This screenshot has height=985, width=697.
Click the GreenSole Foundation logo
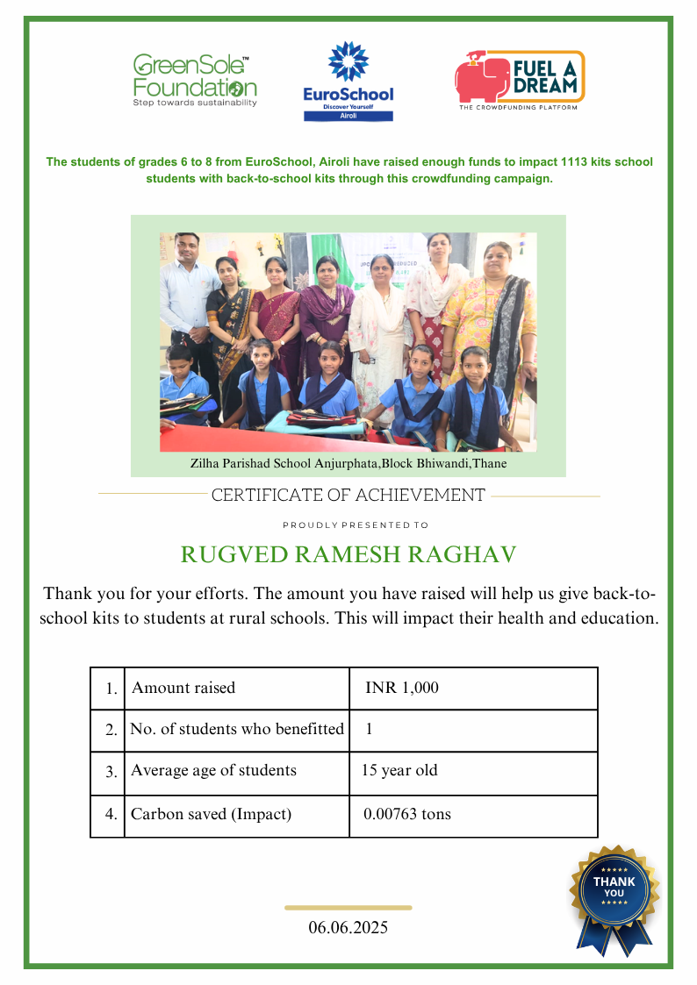coord(195,80)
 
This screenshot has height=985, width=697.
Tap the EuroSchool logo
coord(348,81)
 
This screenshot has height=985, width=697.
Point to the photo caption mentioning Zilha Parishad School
coord(348,463)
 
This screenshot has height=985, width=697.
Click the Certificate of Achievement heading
coord(348,496)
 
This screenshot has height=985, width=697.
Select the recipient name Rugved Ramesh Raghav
coord(348,555)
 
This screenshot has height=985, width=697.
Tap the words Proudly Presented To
coord(356,525)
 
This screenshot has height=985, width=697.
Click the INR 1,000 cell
coord(401,689)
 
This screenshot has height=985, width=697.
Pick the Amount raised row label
coord(183,689)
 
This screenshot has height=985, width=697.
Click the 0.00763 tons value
coord(406,814)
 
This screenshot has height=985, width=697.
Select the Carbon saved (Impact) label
coord(211,814)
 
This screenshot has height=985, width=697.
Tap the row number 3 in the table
coord(111,773)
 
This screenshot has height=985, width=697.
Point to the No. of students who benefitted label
coord(237,729)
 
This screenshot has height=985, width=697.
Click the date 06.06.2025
coord(348,927)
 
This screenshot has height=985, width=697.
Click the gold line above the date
coord(348,908)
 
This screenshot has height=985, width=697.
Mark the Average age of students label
coord(213,771)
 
